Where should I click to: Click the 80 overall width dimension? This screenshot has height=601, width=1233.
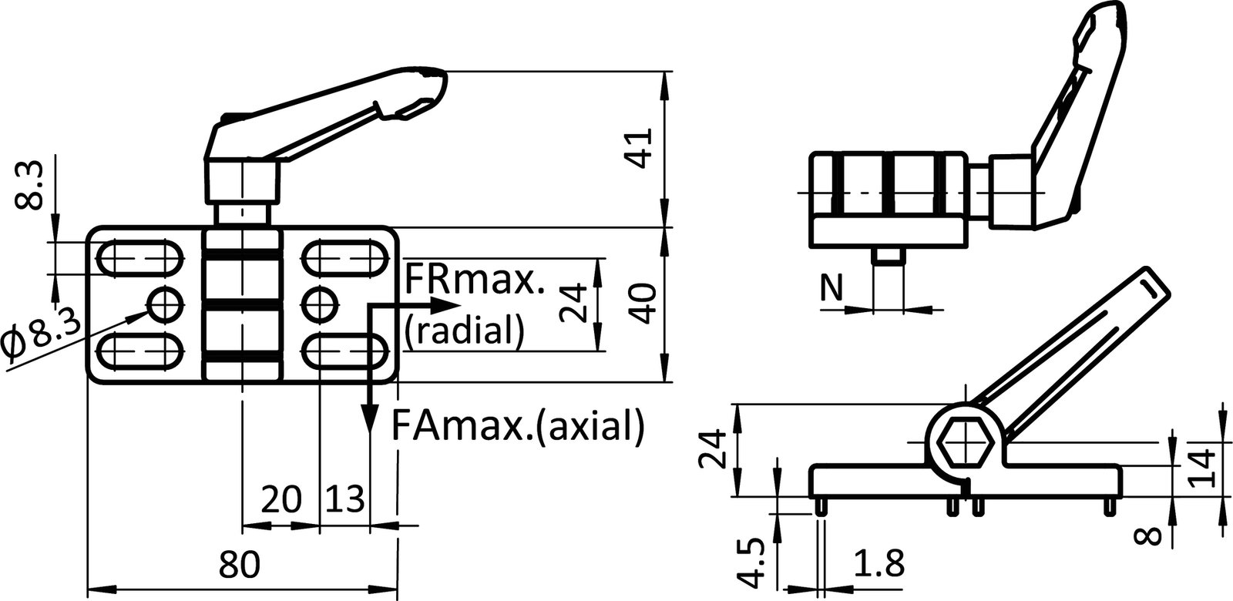[240, 566]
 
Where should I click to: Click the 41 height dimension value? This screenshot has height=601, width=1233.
[642, 146]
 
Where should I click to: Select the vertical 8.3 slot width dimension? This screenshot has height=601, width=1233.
[29, 187]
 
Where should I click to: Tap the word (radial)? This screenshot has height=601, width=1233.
[465, 330]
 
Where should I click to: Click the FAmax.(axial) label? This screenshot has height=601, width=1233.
[516, 425]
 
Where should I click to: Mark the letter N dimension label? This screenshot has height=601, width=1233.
[830, 288]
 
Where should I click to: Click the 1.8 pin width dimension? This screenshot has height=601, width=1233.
[879, 566]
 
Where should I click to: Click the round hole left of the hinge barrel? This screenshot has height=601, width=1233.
[165, 304]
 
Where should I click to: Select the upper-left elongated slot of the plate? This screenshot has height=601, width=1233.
[142, 257]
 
